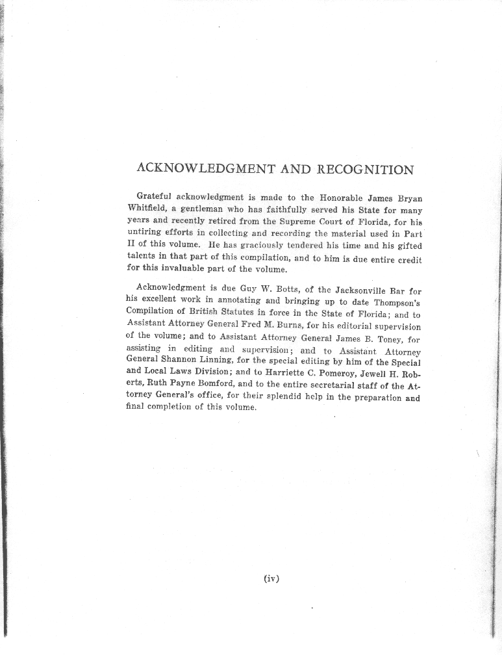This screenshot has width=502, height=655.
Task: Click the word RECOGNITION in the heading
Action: tap(365, 170)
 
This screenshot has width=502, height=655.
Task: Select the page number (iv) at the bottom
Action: tap(271, 578)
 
